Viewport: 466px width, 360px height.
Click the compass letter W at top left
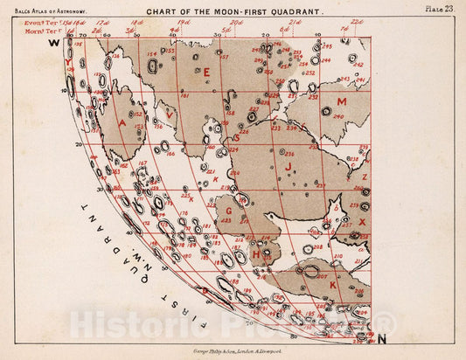point(53,42)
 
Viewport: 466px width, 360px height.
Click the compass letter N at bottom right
point(381,337)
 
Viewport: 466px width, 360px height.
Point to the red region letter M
point(342,101)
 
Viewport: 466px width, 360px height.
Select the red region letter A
point(122,124)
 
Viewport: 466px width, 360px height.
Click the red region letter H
point(256,254)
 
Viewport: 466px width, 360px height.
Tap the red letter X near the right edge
point(362,222)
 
